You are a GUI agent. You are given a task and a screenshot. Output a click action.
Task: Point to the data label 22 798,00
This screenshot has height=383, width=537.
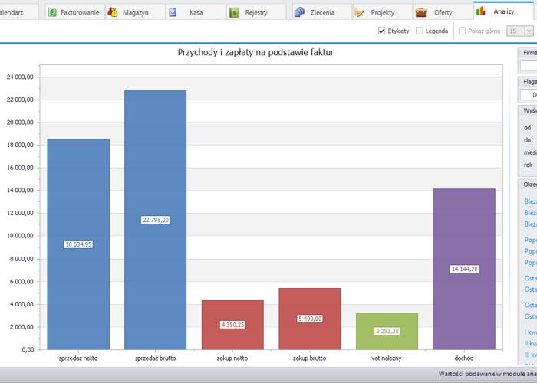pos(156,220)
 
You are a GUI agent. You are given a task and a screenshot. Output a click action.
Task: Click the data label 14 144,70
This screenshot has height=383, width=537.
pos(463,269)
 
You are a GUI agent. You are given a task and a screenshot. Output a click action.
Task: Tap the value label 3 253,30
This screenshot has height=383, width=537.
pos(387,331)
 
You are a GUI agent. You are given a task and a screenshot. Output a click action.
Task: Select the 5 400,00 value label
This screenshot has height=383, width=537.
pos(310,319)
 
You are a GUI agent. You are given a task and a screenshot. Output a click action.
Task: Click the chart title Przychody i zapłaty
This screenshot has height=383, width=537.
pos(255,53)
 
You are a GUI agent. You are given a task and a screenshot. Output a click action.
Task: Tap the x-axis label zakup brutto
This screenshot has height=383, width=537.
pos(310,358)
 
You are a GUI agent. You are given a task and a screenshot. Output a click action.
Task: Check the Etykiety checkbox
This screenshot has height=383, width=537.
pos(382,31)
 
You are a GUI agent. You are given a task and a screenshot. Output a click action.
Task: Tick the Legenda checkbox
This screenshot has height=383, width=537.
pos(419,31)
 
